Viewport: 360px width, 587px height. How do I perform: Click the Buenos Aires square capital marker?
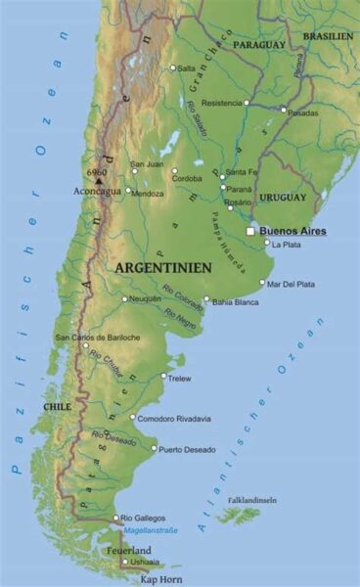click(x=250, y=232)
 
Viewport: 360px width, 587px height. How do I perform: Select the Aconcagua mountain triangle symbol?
click(x=99, y=180)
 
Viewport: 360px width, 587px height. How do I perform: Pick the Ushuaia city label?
click(x=143, y=562)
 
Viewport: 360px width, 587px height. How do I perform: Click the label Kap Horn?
click(x=160, y=578)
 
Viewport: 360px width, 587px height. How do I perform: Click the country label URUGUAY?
click(x=283, y=198)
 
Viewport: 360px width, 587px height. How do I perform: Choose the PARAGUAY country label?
click(x=258, y=45)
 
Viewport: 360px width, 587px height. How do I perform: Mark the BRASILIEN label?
click(x=327, y=35)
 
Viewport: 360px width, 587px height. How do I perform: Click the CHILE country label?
click(x=58, y=405)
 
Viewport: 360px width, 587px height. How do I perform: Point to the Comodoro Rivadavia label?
click(x=174, y=419)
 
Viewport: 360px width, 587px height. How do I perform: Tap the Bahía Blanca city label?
click(x=237, y=301)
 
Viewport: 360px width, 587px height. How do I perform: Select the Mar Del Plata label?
click(x=292, y=284)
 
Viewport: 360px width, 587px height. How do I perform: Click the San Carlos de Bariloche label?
click(x=97, y=338)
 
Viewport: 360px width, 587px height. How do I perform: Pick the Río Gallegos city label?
click(x=143, y=518)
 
